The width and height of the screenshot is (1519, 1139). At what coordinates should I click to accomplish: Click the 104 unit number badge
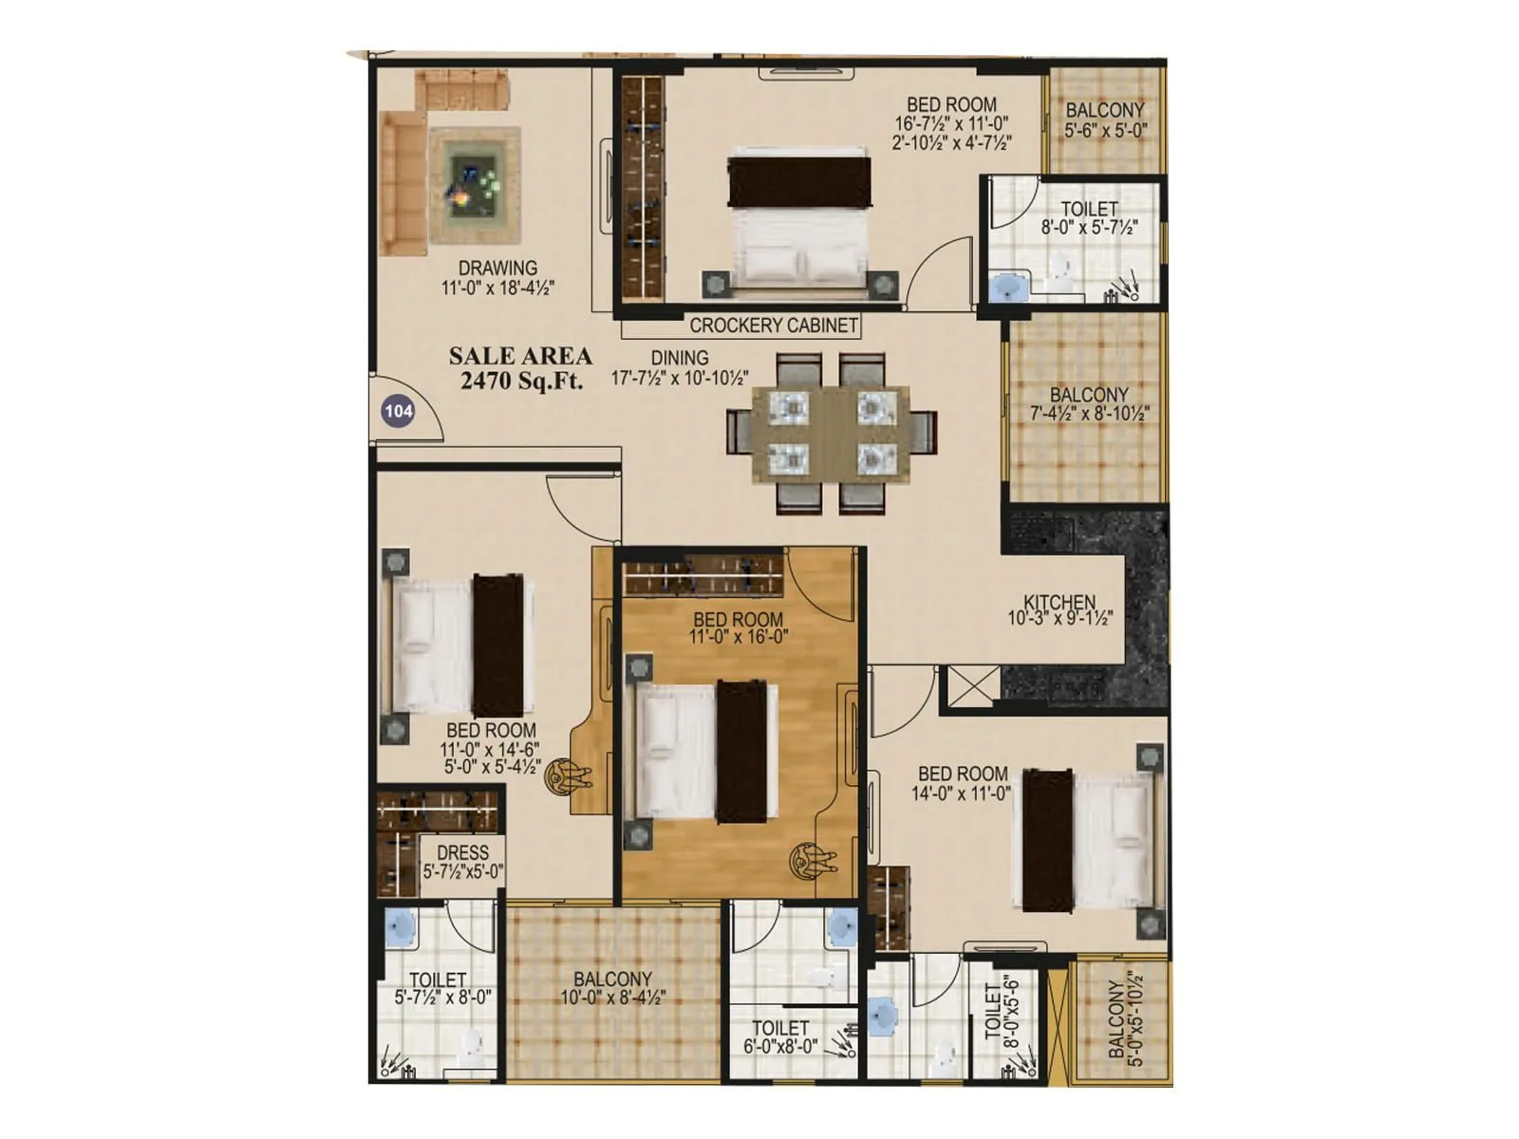point(398,411)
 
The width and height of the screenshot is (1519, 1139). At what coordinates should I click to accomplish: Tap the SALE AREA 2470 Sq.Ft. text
point(520,368)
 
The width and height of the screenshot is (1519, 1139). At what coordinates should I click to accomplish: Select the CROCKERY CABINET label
point(773,326)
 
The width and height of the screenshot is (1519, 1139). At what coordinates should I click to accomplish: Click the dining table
point(831,434)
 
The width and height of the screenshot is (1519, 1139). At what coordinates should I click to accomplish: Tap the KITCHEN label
point(1060,609)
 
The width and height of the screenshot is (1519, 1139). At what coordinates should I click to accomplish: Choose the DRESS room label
point(462,862)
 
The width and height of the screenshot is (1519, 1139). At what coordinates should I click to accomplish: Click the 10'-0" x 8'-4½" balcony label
point(612,987)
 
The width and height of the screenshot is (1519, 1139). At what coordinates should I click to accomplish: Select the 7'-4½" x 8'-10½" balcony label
point(1089,403)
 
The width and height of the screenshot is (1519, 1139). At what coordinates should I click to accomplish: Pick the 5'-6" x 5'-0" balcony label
point(1104,120)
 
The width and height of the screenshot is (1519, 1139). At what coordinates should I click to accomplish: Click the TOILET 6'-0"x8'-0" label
point(780,1036)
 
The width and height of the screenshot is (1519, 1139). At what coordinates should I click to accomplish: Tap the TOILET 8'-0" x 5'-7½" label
point(1089,217)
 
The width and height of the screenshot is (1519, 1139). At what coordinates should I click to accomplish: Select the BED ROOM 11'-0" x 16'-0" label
point(738,627)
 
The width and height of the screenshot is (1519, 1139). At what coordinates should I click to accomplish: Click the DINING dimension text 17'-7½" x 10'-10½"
point(680,378)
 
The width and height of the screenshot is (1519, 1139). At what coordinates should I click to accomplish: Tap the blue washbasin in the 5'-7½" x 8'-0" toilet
point(401,928)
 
